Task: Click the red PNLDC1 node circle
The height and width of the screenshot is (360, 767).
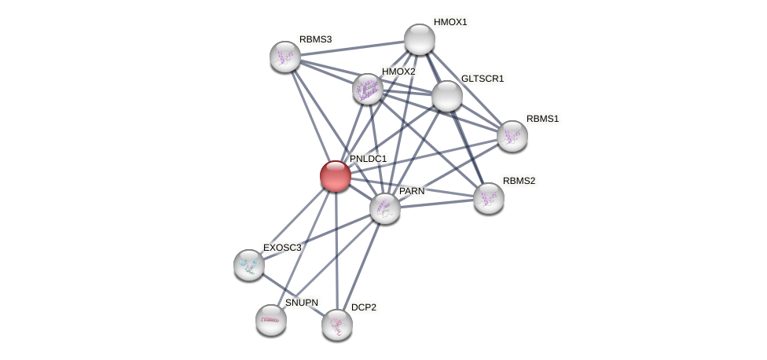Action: [x=336, y=176]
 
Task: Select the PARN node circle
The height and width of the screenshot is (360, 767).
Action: [x=385, y=208]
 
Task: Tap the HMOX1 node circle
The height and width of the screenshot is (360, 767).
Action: [x=420, y=39]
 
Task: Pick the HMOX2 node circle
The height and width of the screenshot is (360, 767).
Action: [x=367, y=89]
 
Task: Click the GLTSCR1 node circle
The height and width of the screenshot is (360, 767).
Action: [x=447, y=96]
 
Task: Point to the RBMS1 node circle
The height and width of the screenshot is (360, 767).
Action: [x=512, y=136]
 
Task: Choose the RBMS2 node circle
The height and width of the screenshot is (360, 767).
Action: [x=489, y=198]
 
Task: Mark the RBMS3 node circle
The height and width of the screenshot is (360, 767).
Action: [x=285, y=56]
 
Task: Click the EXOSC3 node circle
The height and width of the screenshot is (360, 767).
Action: [x=249, y=265]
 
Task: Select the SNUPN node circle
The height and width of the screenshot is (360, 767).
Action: [x=271, y=320]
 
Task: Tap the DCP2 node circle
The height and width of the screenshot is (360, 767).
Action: [x=337, y=325]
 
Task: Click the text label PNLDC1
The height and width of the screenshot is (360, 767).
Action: [x=368, y=159]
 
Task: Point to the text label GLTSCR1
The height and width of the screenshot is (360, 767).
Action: [x=483, y=79]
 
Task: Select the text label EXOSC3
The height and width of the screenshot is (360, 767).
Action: [x=282, y=248]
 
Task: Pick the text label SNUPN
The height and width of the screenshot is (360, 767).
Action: [x=302, y=303]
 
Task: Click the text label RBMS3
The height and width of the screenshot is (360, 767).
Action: [x=315, y=39]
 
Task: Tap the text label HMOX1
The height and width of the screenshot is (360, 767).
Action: [x=450, y=22]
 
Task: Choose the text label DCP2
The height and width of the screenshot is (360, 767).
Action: [x=363, y=307]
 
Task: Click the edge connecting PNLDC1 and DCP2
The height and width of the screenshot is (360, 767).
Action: [x=336, y=252]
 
